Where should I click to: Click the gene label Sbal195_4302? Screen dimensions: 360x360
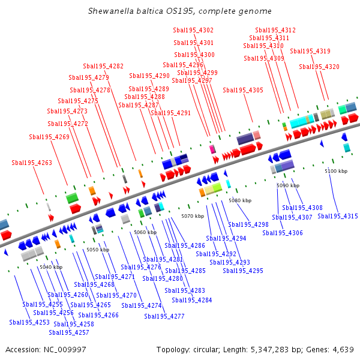(x=193, y=30)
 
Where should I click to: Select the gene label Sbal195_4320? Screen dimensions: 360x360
(x=323, y=67)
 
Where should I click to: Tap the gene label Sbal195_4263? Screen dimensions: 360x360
(x=32, y=163)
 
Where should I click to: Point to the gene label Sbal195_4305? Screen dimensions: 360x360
(x=243, y=90)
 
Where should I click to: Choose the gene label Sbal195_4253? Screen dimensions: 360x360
(x=29, y=322)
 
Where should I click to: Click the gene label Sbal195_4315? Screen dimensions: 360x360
(x=338, y=216)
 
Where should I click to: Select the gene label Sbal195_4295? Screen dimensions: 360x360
(x=243, y=271)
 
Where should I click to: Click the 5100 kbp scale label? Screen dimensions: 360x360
(x=336, y=172)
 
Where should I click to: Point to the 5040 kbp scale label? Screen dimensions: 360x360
(x=51, y=267)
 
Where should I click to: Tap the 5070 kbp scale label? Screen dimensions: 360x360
(x=193, y=216)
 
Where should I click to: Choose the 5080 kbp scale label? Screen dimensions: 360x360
(x=240, y=200)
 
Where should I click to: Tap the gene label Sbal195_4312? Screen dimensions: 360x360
(x=275, y=30)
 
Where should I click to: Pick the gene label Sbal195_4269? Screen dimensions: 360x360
(x=49, y=137)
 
